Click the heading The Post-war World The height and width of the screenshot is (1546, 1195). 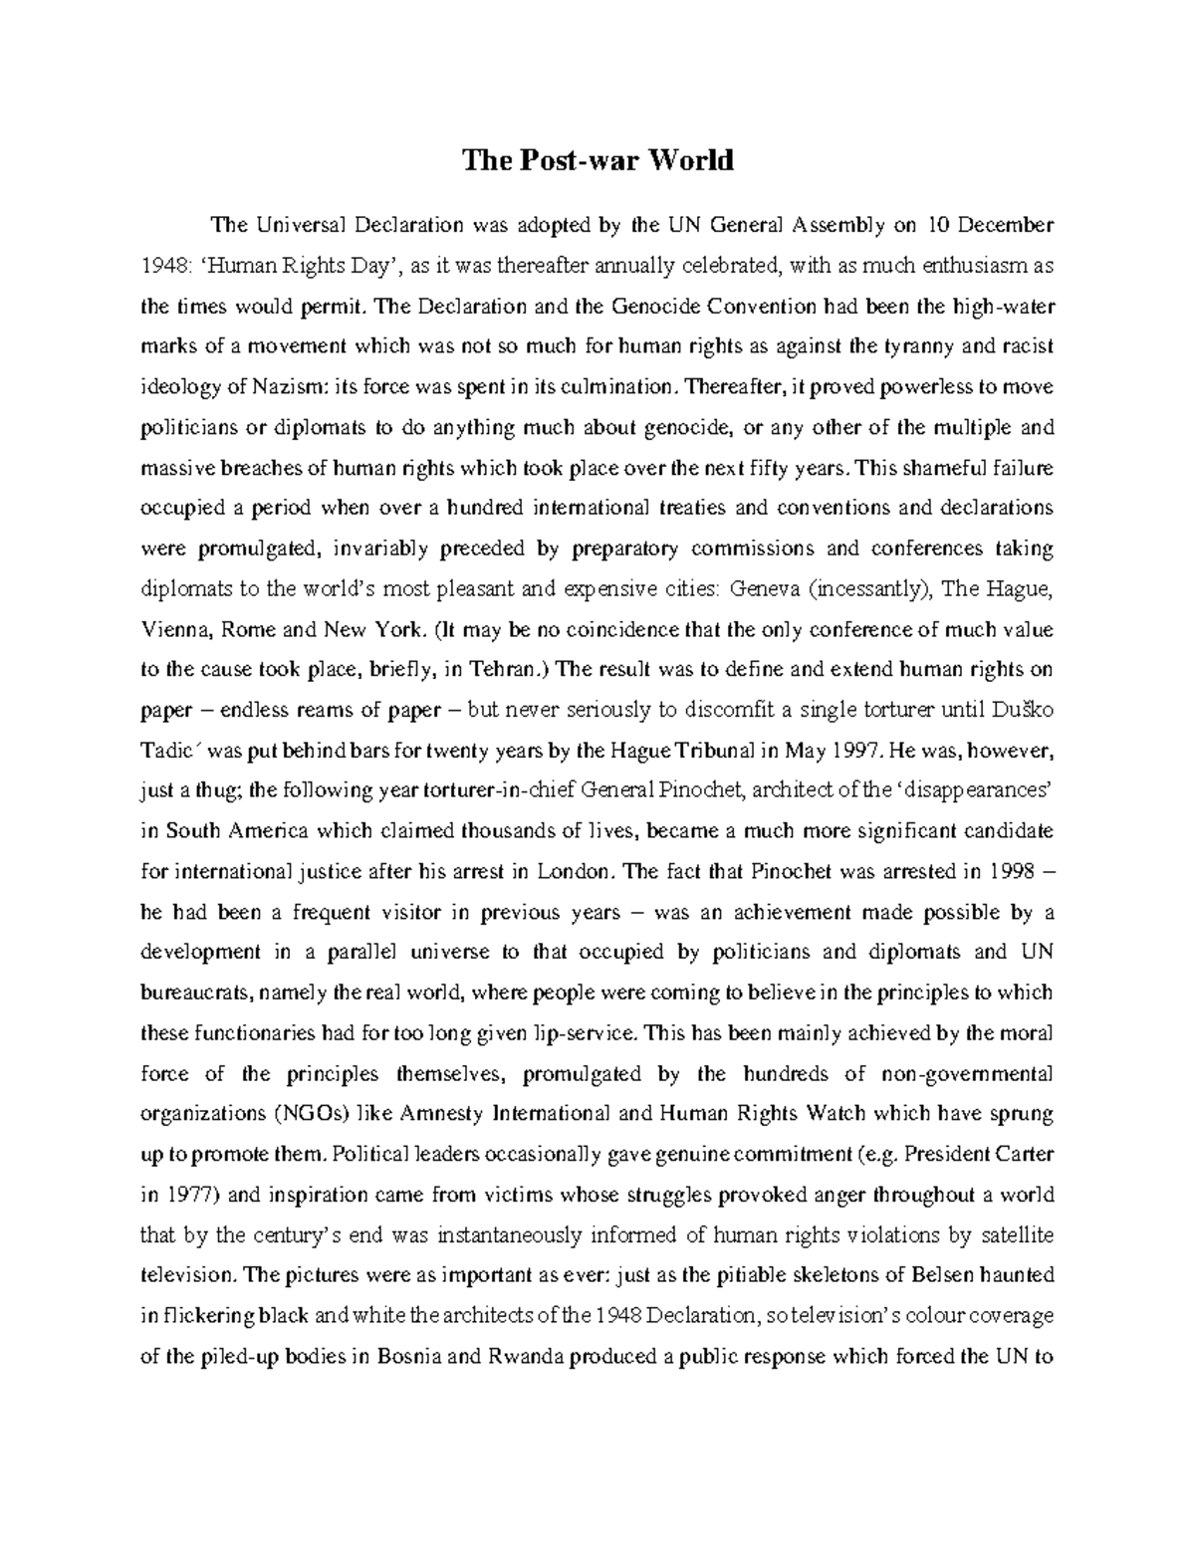(x=597, y=160)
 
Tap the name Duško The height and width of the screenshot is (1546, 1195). (x=1025, y=710)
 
